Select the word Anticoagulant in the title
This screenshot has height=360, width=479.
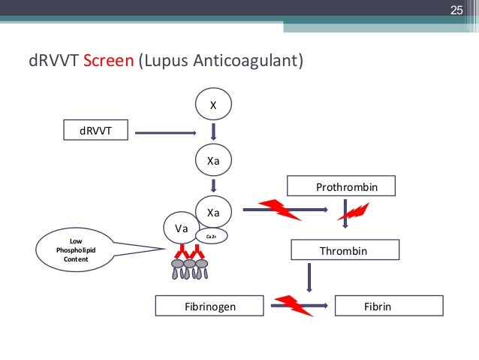[247, 61]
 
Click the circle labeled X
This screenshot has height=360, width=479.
[213, 106]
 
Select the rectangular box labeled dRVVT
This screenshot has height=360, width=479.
[98, 132]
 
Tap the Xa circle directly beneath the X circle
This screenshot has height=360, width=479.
[213, 159]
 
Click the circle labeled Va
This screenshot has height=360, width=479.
[181, 228]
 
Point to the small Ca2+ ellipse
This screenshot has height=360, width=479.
[212, 236]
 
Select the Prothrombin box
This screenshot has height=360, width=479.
[343, 186]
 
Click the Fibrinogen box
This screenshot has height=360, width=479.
[209, 306]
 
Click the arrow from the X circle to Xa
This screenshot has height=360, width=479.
[213, 132]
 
